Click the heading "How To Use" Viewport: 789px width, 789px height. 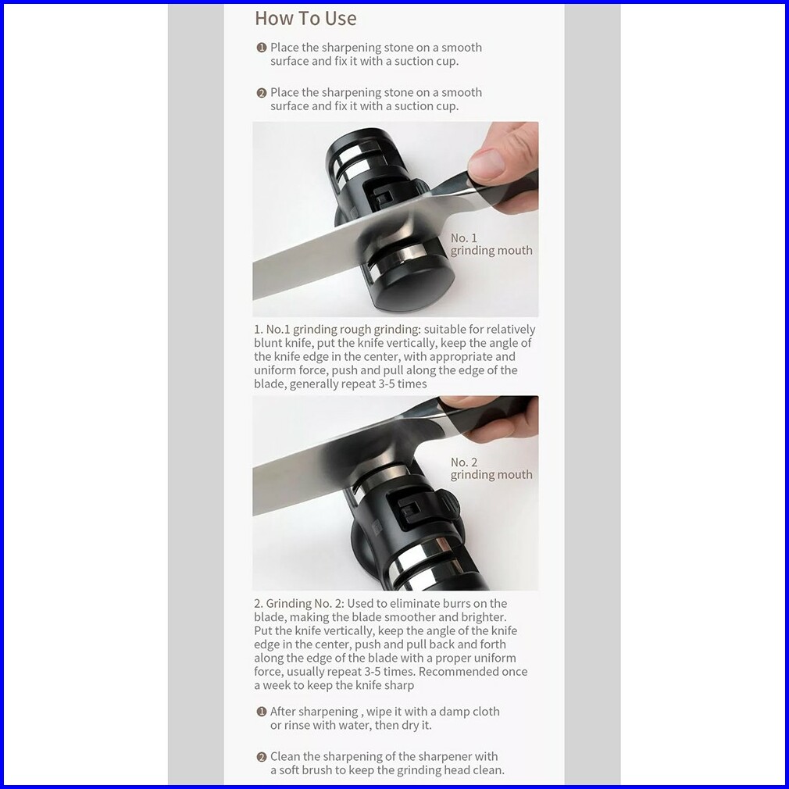tap(305, 19)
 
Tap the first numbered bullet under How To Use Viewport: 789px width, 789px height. tap(261, 48)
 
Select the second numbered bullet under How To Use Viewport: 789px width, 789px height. tap(261, 93)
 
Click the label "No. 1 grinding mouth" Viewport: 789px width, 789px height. tap(491, 244)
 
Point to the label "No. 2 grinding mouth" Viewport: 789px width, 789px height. tap(491, 469)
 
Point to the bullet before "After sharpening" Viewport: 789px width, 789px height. tap(261, 712)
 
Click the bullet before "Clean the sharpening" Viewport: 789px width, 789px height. tap(261, 757)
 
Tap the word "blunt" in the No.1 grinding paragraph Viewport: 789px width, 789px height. tap(268, 343)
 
